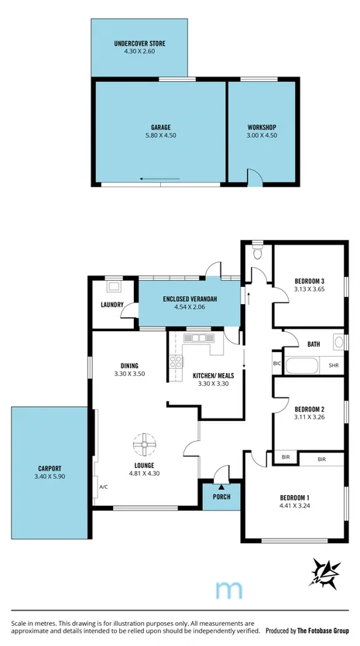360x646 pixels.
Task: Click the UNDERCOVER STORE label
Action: [x=139, y=43]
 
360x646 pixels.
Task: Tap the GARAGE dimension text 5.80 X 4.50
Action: [x=160, y=135]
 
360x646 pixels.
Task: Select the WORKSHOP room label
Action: [x=261, y=127]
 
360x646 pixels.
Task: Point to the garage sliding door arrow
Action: [x=159, y=178]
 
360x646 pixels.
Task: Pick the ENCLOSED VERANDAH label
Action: [x=189, y=299]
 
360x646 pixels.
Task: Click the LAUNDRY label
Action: [x=112, y=305]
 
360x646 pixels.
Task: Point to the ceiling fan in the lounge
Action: [x=143, y=444]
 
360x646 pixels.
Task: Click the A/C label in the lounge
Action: [x=103, y=487]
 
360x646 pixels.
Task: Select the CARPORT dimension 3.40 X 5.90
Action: [x=49, y=477]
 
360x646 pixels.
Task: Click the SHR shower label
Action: [x=334, y=365]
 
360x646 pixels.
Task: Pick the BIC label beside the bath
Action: [x=276, y=363]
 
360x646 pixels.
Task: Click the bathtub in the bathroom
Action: [x=303, y=364]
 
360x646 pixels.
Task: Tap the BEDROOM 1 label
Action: [x=297, y=499]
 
